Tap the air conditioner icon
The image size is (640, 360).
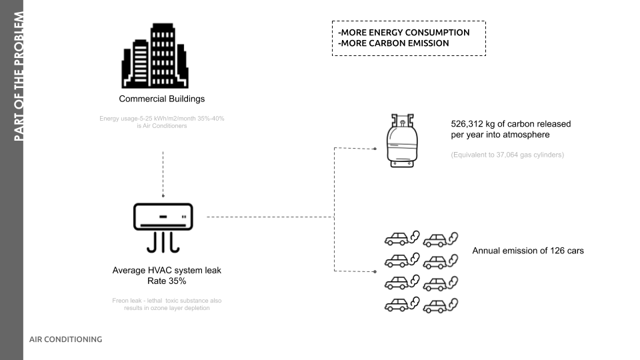[163, 227]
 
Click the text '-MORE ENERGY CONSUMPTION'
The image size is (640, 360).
[404, 32]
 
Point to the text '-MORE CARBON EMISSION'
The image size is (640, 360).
[393, 43]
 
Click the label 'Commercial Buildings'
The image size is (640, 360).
[161, 99]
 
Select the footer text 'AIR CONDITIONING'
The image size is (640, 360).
[65, 339]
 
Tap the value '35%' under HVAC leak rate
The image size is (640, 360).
[177, 281]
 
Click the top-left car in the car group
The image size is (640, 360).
[397, 239]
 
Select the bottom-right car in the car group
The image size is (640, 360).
[437, 306]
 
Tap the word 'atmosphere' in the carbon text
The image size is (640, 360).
[527, 135]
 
